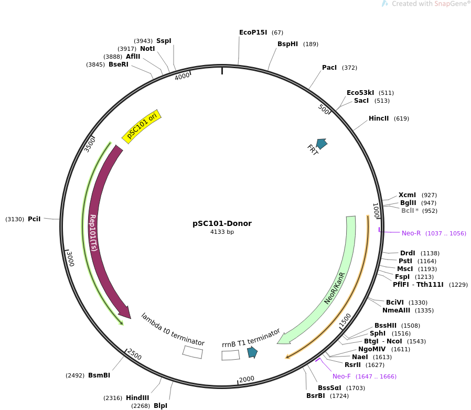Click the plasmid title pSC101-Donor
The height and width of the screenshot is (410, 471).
tap(222, 223)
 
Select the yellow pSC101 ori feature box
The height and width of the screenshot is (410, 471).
tap(142, 126)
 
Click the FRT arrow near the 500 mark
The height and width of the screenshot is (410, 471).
tap(322, 143)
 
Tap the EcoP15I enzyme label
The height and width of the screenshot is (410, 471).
tap(253, 33)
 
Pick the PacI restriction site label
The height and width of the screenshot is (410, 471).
tap(329, 68)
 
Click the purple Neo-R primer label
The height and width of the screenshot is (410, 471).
tap(411, 233)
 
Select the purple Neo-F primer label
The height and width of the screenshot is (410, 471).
tap(341, 376)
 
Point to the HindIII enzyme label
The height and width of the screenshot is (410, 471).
tap(137, 398)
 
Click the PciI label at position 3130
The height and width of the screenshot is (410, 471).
tap(34, 219)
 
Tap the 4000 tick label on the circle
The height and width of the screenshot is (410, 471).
tap(182, 77)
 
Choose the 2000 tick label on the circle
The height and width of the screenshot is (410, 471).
tap(247, 379)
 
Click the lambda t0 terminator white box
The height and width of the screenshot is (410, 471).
tap(192, 352)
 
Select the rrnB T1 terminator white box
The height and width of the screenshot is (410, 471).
tap(230, 355)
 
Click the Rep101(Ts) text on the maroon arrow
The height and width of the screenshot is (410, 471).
tap(93, 233)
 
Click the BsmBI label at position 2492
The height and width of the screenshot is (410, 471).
tap(99, 375)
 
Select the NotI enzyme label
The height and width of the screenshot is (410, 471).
tap(147, 49)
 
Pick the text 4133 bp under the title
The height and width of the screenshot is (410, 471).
tap(222, 232)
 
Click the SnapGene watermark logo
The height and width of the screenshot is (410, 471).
tap(384, 4)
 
